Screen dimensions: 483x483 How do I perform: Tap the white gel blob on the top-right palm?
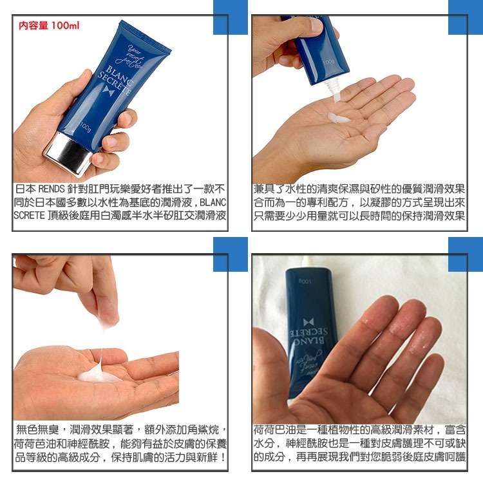click(x=339, y=118)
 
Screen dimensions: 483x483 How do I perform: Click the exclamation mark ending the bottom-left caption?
click(x=223, y=457)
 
